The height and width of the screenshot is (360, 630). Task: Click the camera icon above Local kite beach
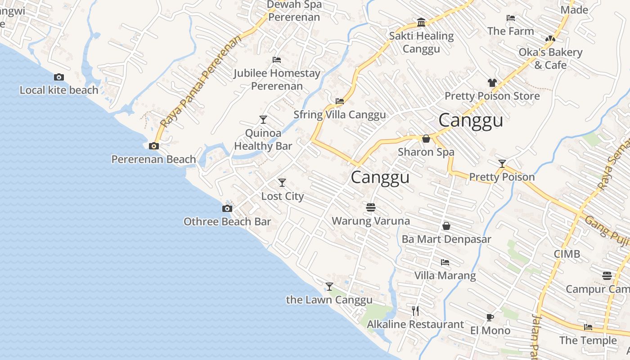coord(59,77)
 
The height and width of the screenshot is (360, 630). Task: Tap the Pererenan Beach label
coord(153,159)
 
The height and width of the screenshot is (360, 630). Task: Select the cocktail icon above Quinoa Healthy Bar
coord(263,120)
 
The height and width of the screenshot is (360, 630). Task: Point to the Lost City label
coord(283,196)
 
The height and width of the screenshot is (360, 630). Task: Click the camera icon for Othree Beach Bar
coord(227,208)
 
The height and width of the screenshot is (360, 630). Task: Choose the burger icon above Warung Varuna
coord(371,207)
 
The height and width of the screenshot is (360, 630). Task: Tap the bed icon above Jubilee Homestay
coord(277,60)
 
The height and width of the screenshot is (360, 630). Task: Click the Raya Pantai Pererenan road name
coord(201,81)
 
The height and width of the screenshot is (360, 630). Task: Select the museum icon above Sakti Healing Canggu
coord(421,22)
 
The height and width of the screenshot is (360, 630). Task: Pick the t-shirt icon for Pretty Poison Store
coord(492,83)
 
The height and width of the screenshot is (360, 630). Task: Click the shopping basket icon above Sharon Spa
coord(426,139)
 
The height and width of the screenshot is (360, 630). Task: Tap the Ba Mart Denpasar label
coord(446,239)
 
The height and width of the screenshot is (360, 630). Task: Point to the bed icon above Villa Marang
coord(445,262)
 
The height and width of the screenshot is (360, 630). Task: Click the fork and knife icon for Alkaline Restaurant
coord(415,310)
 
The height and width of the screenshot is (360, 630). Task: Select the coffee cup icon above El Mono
coord(490,318)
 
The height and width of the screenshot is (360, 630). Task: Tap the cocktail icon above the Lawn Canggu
coord(329,286)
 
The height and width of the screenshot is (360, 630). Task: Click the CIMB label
coord(567,254)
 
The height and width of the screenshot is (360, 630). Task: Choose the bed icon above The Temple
coord(588,327)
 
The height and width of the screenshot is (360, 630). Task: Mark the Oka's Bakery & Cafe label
coord(550,58)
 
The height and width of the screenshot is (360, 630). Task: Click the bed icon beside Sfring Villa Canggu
coord(340,101)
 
